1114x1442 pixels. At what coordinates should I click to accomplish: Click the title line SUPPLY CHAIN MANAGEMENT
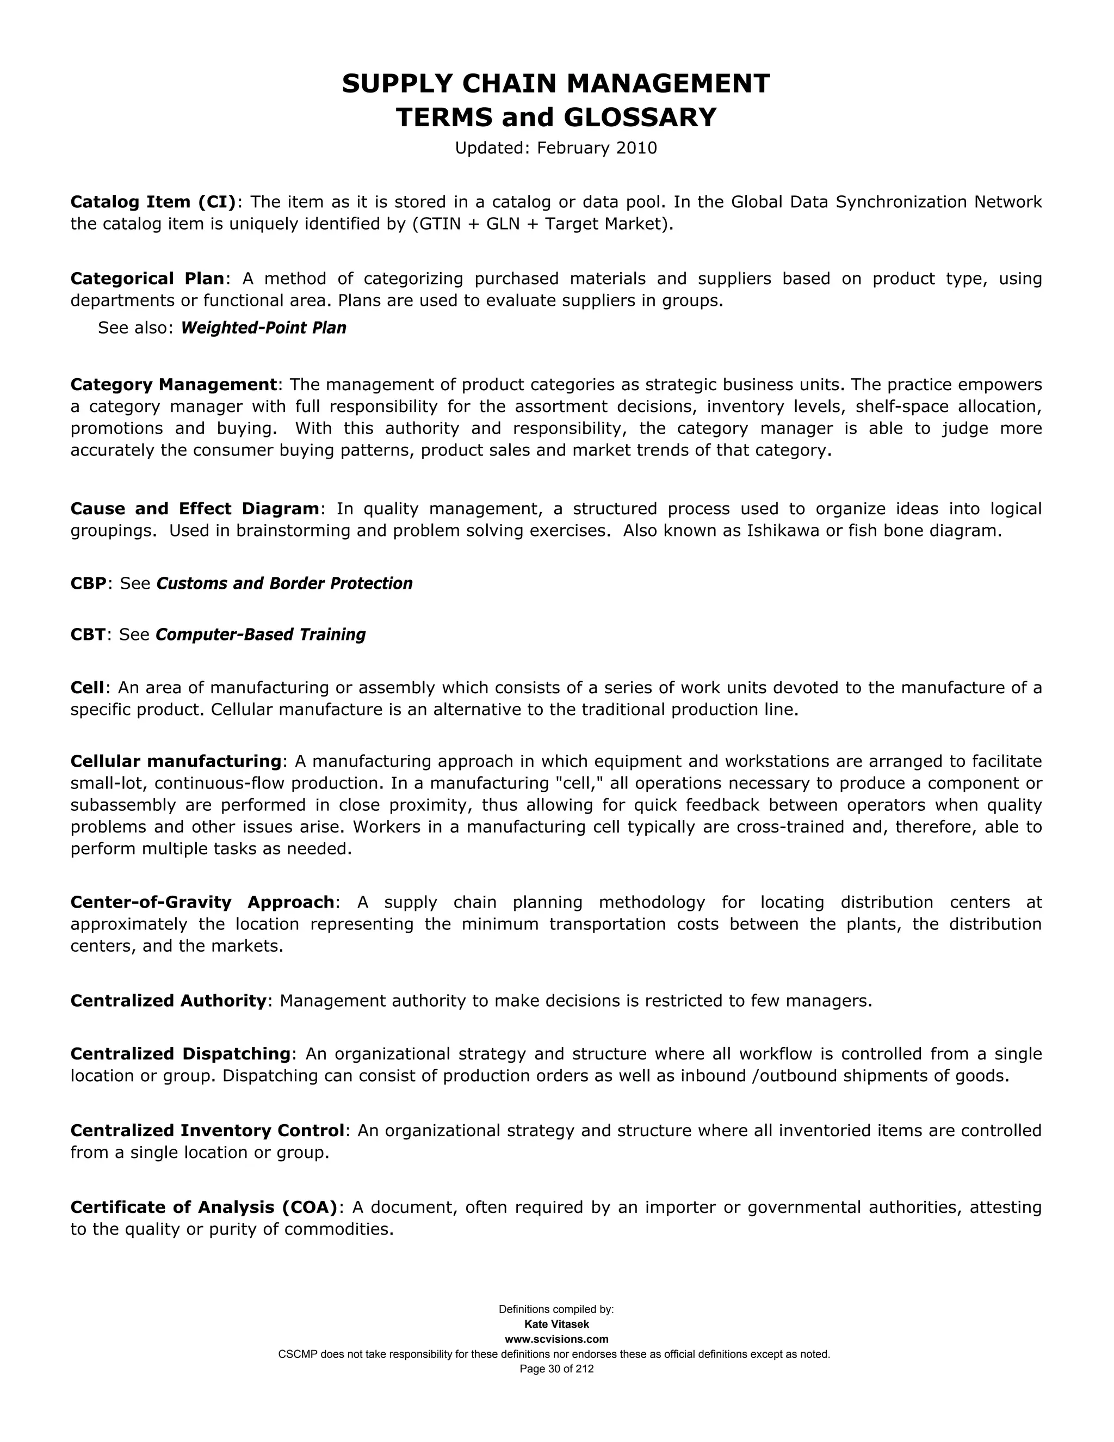pyautogui.click(x=556, y=84)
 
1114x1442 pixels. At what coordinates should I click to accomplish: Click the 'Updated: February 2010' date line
pyautogui.click(x=556, y=148)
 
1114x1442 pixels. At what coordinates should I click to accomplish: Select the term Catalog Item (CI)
pyautogui.click(x=153, y=202)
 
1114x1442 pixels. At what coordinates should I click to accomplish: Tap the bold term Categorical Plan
pyautogui.click(x=147, y=279)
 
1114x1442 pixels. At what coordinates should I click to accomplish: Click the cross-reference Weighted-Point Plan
pyautogui.click(x=263, y=328)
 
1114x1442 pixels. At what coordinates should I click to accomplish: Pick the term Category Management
pyautogui.click(x=174, y=384)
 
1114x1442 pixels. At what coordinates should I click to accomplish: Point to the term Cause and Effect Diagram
pyautogui.click(x=195, y=509)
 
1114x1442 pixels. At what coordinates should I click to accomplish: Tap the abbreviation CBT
pyautogui.click(x=88, y=634)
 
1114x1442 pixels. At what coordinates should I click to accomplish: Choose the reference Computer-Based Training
pyautogui.click(x=261, y=634)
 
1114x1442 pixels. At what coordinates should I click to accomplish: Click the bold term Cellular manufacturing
pyautogui.click(x=176, y=761)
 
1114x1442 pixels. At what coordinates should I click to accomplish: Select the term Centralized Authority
pyautogui.click(x=168, y=1001)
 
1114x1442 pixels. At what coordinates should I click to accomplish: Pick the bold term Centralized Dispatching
pyautogui.click(x=180, y=1054)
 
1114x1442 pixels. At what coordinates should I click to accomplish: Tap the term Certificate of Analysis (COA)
pyautogui.click(x=204, y=1207)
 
